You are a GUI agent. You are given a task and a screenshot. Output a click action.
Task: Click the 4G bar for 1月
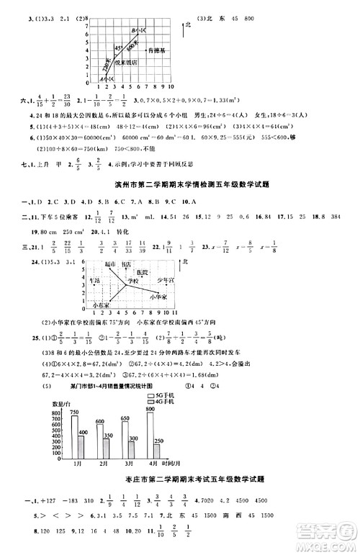pyautogui.click(x=83, y=446)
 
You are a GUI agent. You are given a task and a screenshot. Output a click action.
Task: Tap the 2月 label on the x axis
pyautogui.click(x=105, y=466)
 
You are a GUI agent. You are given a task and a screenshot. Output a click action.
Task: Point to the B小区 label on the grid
pyautogui.click(x=137, y=29)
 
